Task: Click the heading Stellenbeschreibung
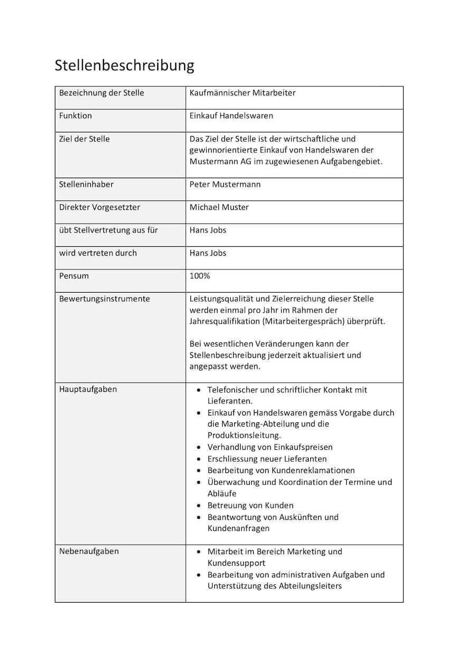point(125,65)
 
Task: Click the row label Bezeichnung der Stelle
point(101,93)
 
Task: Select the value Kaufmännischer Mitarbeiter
point(242,93)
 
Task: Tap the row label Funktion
point(75,115)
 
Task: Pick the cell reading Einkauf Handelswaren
point(231,115)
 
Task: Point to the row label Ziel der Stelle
point(84,139)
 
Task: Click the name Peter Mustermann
point(225,185)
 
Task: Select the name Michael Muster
point(219,207)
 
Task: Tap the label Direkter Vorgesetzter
point(100,207)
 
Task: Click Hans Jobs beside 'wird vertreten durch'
point(208,253)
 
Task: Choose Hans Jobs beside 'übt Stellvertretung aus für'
point(208,230)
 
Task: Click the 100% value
point(199,276)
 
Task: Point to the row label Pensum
point(74,276)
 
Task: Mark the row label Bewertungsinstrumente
point(104,298)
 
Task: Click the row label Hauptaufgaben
point(88,389)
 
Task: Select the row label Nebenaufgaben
point(89,551)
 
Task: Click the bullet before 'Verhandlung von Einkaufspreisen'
point(198,447)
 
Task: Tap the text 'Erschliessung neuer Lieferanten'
point(267,459)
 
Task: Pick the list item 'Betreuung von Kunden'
point(250,505)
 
